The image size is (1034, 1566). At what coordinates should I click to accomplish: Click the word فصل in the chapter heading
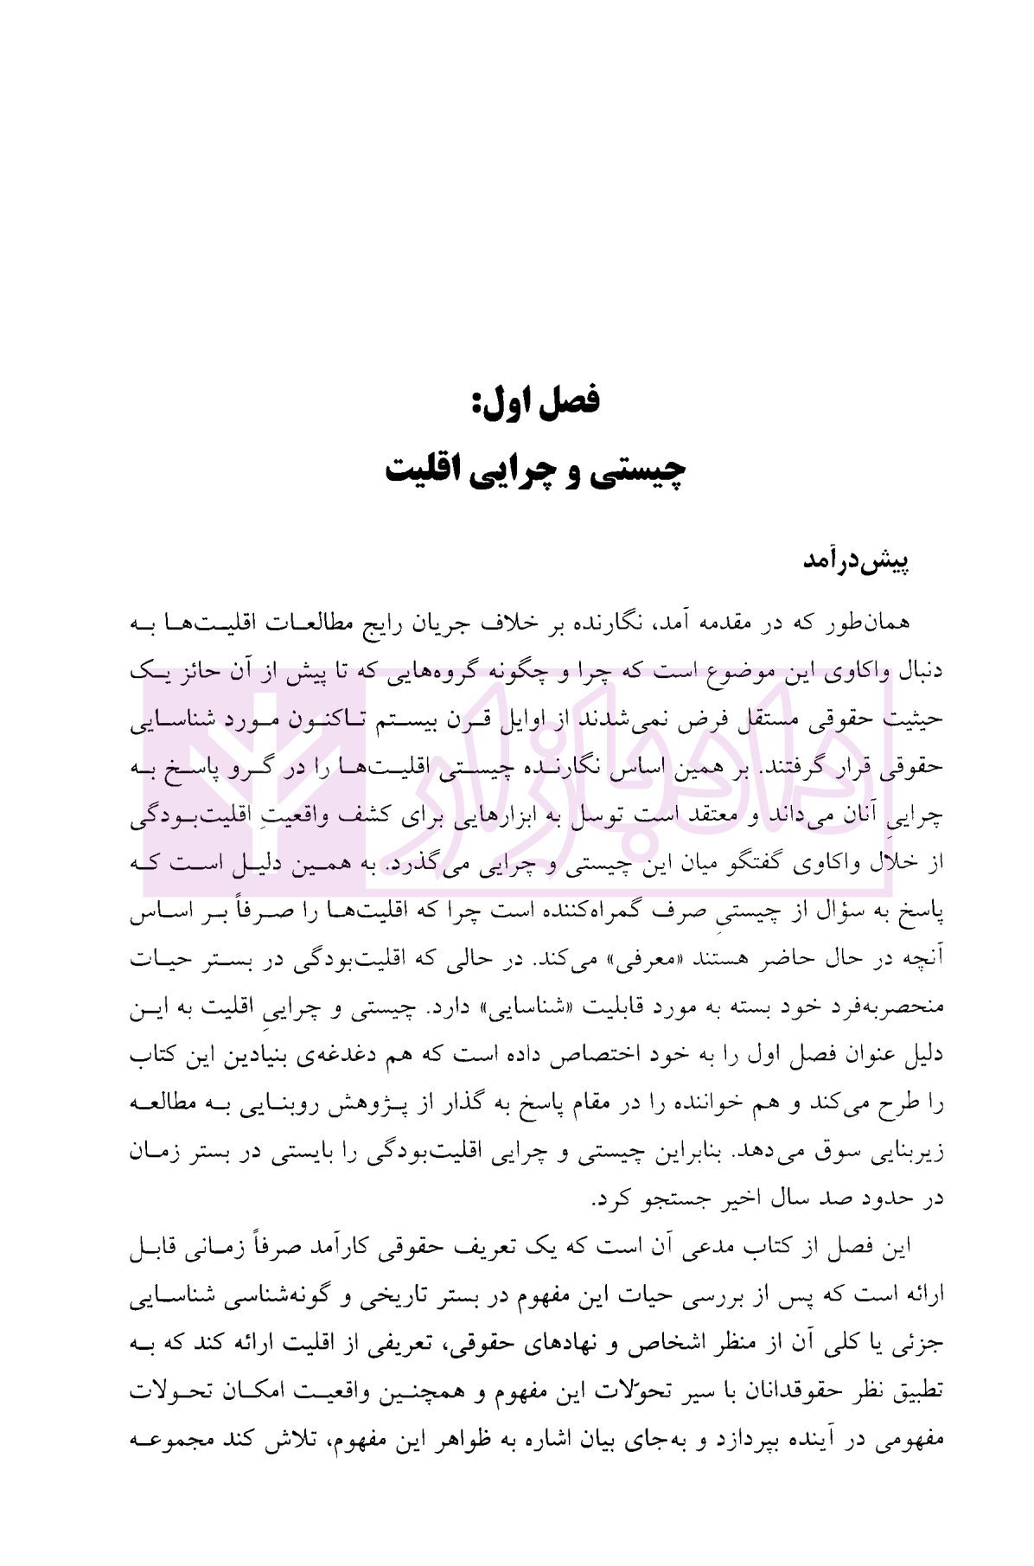pos(570,400)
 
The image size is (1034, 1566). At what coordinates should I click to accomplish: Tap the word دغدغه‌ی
pos(350,1055)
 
